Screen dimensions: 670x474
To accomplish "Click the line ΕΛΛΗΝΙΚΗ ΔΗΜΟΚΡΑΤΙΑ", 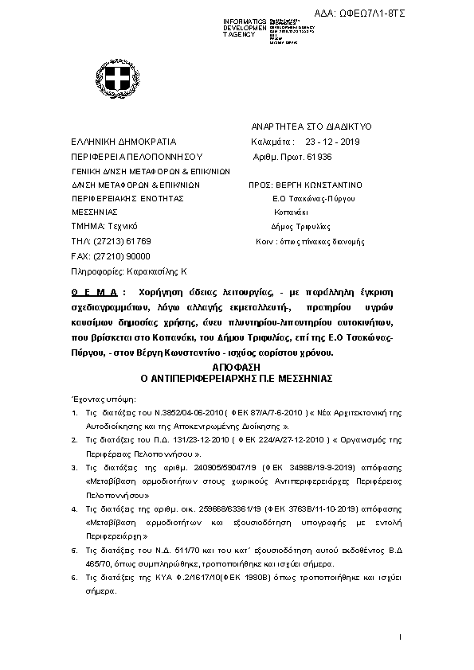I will [117, 142].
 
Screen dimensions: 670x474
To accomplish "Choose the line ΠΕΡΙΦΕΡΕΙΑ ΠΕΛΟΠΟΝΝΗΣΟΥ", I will [127, 156].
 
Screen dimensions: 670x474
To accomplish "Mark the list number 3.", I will [73, 468].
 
